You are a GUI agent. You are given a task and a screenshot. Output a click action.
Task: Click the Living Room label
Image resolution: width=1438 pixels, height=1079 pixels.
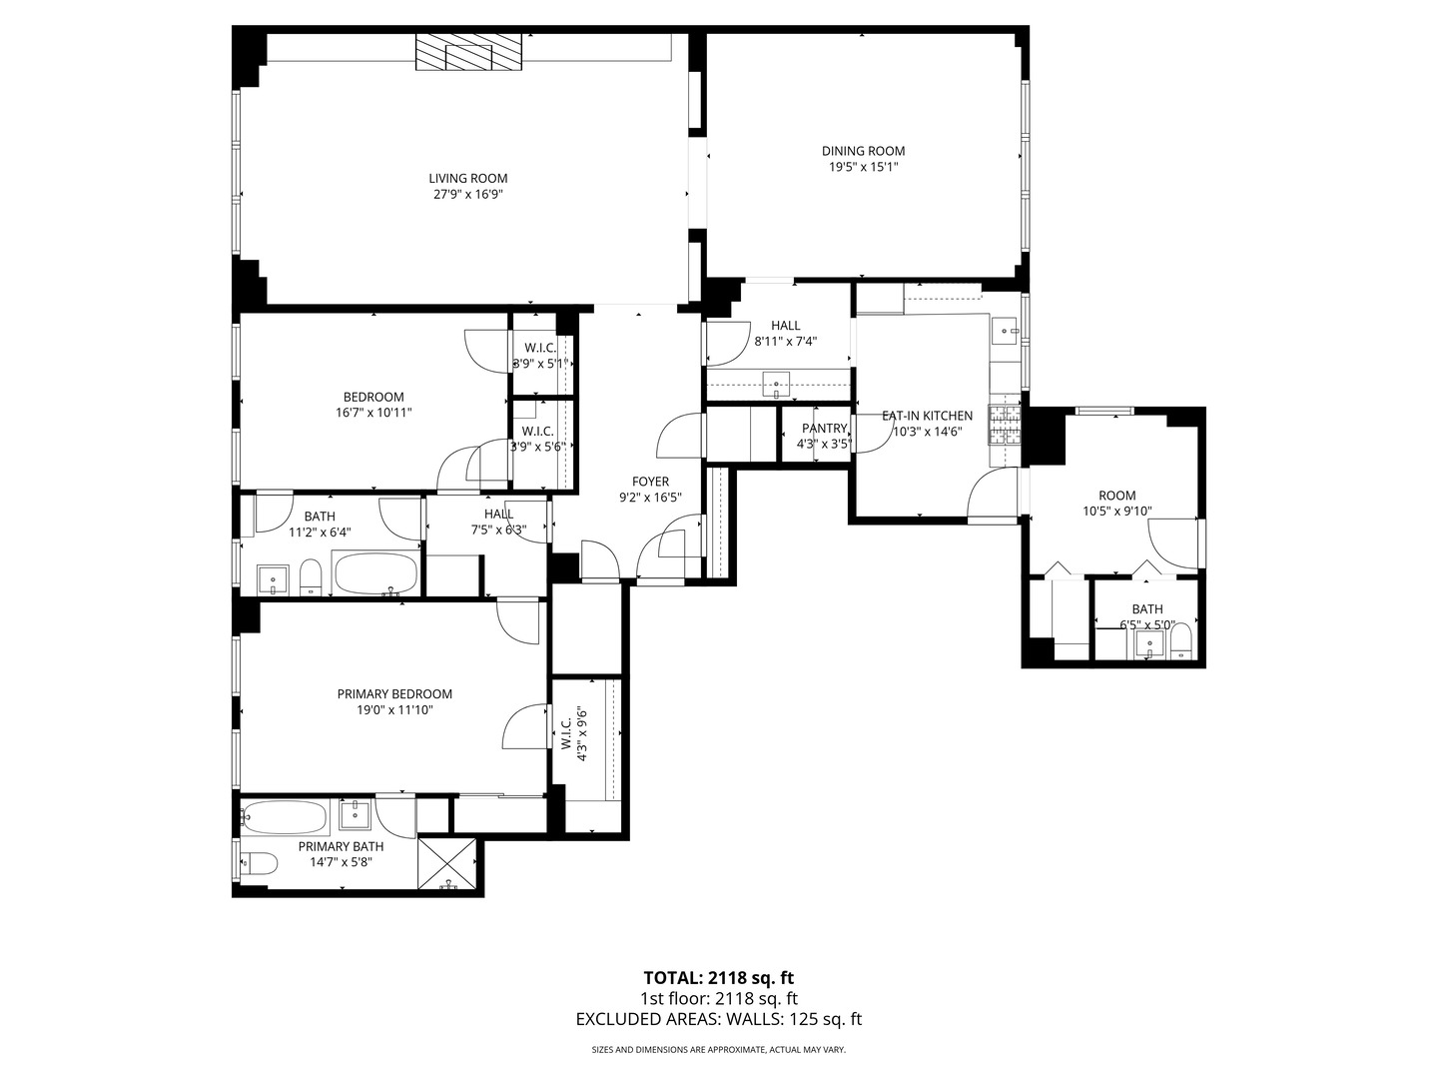(x=468, y=179)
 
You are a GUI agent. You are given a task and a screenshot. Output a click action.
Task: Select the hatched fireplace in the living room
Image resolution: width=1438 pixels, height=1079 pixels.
(x=469, y=53)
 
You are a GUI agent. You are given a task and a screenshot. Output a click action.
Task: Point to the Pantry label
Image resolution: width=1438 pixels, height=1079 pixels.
(x=824, y=429)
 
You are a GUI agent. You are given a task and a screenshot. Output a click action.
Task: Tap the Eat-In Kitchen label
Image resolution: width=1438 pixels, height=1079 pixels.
(x=927, y=416)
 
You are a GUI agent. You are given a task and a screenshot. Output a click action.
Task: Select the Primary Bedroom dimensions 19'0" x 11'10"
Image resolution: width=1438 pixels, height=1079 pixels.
(x=394, y=710)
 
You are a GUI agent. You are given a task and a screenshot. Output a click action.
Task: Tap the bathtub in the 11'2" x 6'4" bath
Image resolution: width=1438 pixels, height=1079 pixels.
(x=375, y=574)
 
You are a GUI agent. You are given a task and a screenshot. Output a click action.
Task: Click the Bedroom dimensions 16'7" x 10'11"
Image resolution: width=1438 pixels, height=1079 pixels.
(x=373, y=412)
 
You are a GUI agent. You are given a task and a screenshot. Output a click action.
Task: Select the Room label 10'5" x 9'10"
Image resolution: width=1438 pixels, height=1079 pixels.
(x=1116, y=496)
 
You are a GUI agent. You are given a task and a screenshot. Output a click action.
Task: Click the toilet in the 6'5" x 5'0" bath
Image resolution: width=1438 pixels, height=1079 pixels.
(x=1180, y=639)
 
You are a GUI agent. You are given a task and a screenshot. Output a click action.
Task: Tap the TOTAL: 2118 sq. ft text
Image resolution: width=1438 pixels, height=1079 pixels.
(x=718, y=977)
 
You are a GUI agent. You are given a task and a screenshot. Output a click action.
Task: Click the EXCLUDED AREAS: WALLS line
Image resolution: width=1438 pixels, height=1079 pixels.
(x=718, y=1019)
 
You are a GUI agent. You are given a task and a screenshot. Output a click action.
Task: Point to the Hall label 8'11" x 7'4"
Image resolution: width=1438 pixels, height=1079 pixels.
(x=785, y=326)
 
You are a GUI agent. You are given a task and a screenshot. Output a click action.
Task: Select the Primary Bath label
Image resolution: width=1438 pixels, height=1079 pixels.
(x=341, y=846)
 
